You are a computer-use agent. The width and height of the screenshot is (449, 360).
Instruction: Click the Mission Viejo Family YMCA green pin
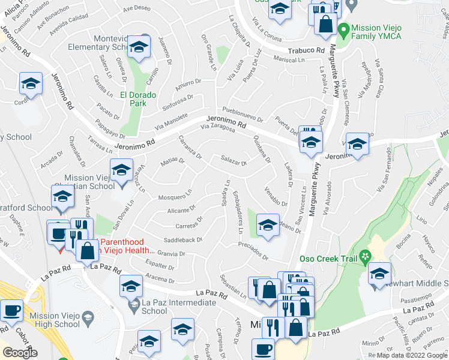344,28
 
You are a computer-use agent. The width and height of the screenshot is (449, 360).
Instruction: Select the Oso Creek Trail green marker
364,259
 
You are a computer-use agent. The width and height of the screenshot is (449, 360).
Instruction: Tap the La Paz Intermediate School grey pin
133,307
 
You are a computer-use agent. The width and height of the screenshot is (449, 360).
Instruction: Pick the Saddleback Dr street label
179,240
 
